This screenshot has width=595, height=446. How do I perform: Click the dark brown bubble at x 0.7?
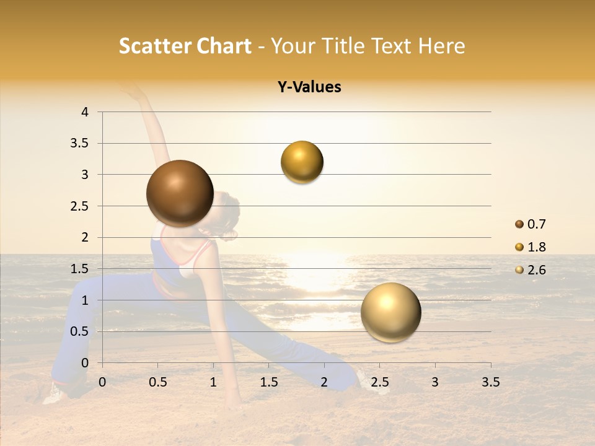click(x=180, y=193)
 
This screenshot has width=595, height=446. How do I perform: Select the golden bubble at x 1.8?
click(x=302, y=162)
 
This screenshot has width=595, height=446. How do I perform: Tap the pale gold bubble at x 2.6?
click(x=390, y=312)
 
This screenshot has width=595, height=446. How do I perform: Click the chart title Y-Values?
click(x=309, y=87)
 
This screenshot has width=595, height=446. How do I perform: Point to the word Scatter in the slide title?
click(x=153, y=46)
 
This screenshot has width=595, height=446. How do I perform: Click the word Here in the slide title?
click(x=441, y=46)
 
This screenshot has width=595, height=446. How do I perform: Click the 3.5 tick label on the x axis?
click(x=490, y=382)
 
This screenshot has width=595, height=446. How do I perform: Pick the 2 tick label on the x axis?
click(x=324, y=382)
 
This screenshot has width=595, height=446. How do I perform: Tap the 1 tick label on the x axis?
click(x=213, y=382)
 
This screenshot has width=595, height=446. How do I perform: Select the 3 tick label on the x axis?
click(x=435, y=382)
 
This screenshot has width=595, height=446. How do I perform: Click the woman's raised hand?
click(x=133, y=90)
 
